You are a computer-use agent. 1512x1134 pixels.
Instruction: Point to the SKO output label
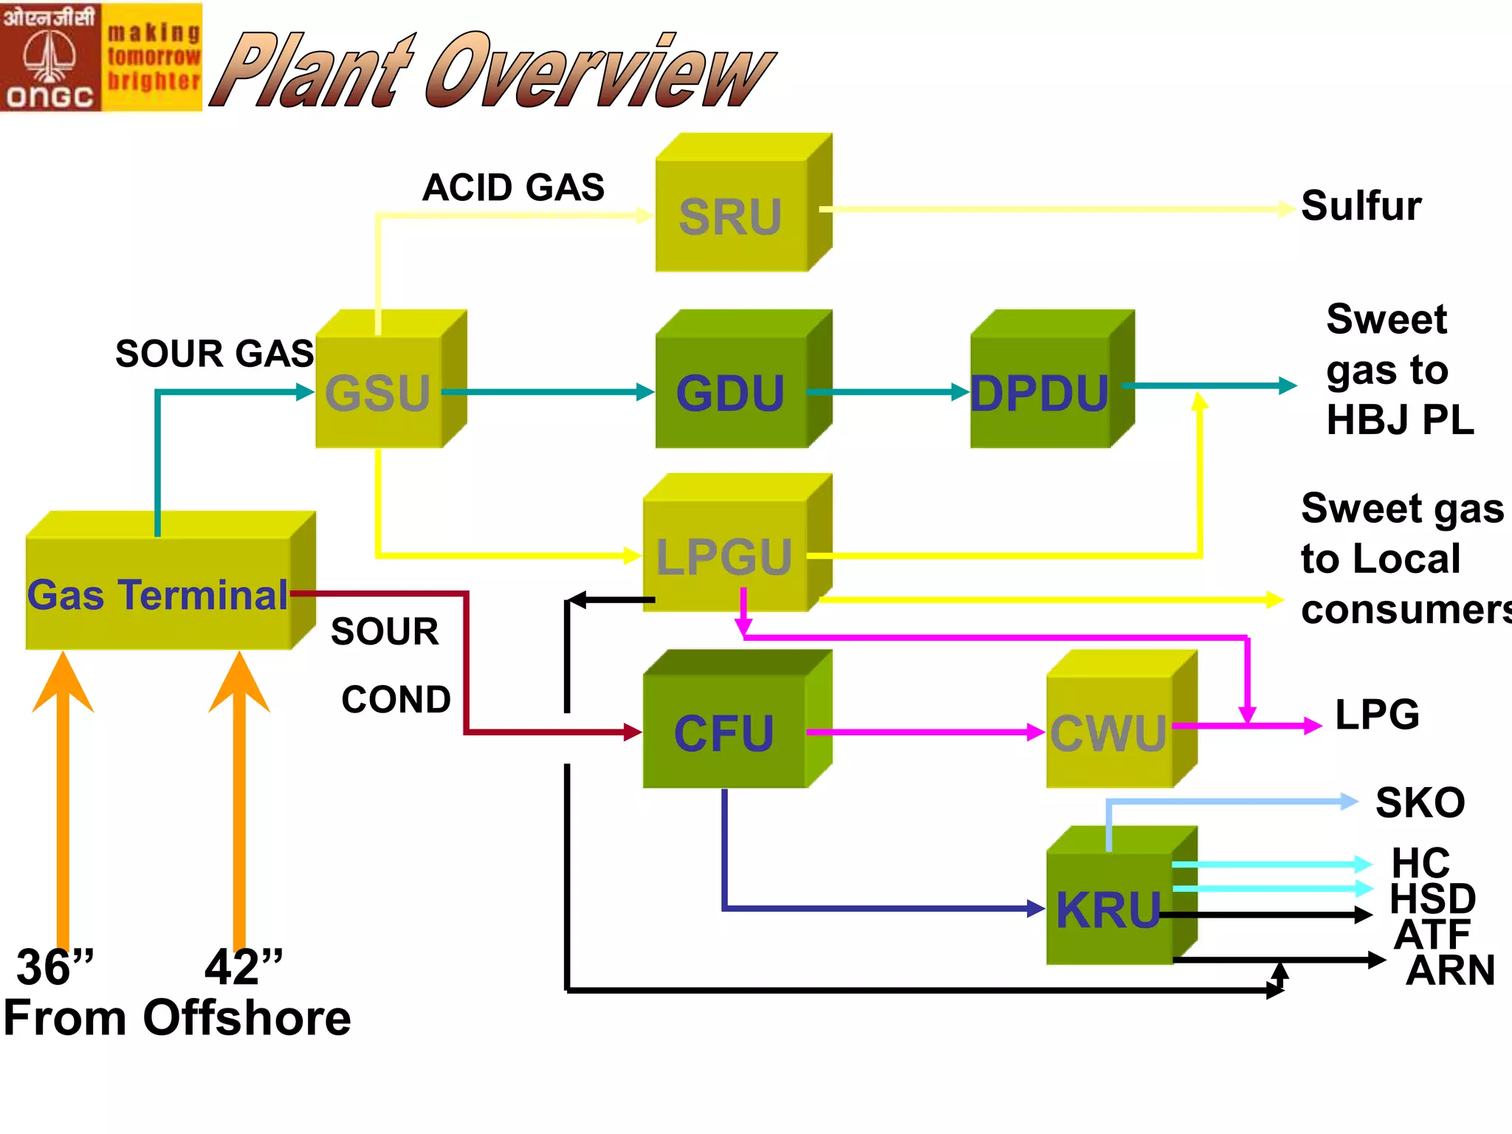[x=1420, y=803]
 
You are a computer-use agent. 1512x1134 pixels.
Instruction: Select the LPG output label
[x=1377, y=715]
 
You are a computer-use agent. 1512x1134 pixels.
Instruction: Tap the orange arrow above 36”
[x=63, y=797]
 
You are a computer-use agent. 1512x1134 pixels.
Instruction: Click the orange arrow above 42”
[x=239, y=797]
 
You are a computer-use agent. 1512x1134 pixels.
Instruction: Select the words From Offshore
[x=177, y=1018]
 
